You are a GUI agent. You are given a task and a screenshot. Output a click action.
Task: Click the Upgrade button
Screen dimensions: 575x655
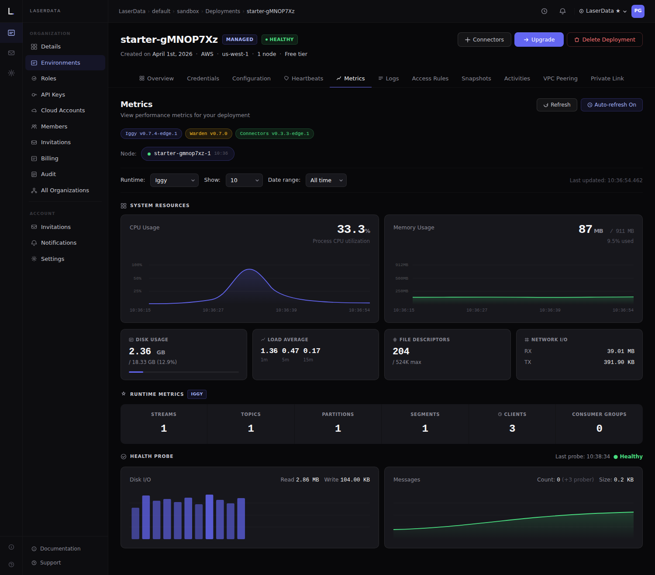click(539, 40)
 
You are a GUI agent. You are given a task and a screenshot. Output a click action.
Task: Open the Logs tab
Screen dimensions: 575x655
click(388, 79)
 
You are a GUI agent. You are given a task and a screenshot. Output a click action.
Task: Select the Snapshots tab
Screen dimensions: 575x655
click(476, 79)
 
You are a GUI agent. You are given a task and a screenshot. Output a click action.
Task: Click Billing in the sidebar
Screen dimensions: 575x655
click(49, 159)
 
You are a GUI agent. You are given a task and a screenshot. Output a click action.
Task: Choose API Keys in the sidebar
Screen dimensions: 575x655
click(53, 95)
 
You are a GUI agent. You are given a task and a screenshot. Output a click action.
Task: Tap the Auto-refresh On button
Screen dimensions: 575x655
click(611, 105)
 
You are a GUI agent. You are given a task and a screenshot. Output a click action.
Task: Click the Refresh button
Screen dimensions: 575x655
click(557, 105)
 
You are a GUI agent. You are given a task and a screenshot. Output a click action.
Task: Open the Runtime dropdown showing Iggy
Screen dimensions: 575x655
click(174, 180)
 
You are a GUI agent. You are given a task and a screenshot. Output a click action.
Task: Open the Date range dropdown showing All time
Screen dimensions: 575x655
click(326, 180)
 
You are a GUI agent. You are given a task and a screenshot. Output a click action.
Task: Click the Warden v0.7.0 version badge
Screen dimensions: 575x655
click(208, 134)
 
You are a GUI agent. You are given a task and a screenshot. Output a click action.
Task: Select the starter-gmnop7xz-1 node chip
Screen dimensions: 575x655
click(187, 154)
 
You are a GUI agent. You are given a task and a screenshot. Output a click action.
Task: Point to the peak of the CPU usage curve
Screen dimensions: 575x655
click(249, 269)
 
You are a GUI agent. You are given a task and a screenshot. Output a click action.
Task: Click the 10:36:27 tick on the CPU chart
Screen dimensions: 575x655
click(213, 310)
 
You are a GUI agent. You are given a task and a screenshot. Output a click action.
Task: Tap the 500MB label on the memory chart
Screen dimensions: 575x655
click(401, 278)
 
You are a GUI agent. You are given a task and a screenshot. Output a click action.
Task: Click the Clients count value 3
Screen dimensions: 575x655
click(512, 429)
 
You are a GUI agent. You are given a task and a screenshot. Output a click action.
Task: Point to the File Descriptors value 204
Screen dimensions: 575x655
click(401, 351)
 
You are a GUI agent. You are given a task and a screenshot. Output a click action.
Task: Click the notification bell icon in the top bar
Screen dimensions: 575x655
click(562, 11)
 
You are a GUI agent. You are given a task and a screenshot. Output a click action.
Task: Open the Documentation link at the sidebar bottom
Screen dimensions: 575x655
click(60, 549)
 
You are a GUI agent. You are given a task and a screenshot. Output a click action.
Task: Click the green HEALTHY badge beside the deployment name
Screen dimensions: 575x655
click(279, 40)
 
